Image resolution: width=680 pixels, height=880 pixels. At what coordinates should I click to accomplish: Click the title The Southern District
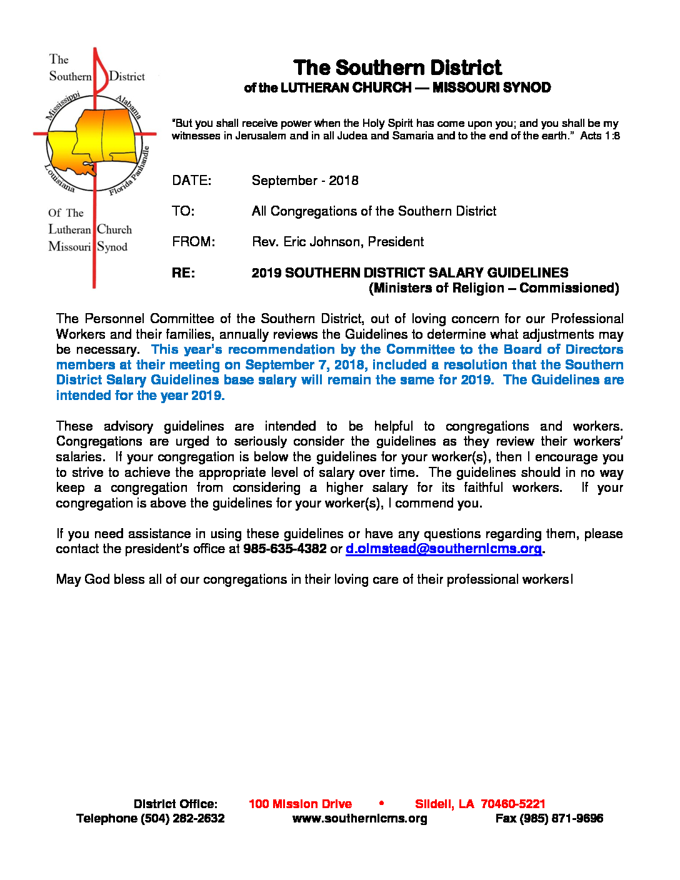click(x=397, y=67)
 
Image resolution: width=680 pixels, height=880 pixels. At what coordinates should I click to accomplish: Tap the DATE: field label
click(x=192, y=181)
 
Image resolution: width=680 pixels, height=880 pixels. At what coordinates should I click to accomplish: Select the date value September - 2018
click(x=305, y=181)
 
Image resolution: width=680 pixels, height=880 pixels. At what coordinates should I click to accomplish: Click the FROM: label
click(x=194, y=242)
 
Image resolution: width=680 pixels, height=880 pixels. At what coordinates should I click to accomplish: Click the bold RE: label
click(x=184, y=273)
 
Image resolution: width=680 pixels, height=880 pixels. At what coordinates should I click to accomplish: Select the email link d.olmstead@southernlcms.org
click(x=444, y=549)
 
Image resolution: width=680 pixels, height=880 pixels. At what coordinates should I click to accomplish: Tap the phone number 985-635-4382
click(x=285, y=549)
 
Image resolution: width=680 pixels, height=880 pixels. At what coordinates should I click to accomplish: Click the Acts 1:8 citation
click(x=600, y=136)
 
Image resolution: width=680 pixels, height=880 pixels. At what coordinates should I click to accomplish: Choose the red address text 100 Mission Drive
click(x=300, y=804)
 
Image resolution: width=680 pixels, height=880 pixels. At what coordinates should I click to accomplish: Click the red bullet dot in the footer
click(x=381, y=803)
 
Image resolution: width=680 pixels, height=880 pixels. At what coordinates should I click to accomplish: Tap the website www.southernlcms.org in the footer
click(x=360, y=819)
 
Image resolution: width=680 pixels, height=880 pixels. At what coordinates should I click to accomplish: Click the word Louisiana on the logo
click(x=59, y=178)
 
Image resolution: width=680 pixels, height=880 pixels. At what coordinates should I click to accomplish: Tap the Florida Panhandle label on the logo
click(x=130, y=172)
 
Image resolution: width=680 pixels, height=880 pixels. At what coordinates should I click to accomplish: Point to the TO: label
click(x=183, y=211)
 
